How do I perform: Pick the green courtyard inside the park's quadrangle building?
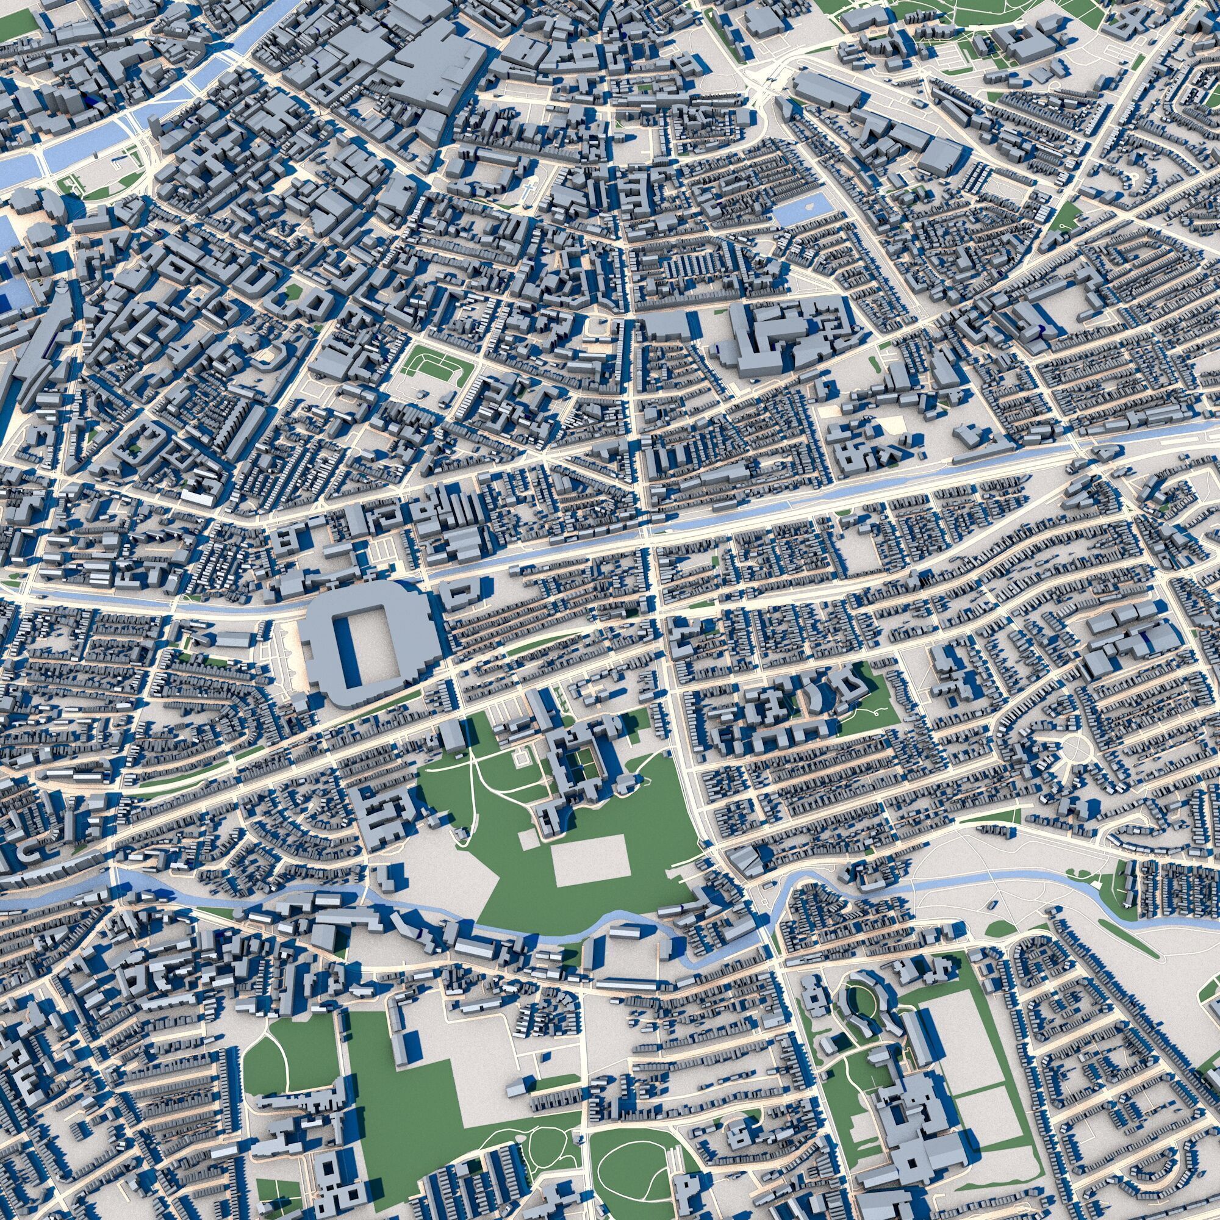(586, 758)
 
